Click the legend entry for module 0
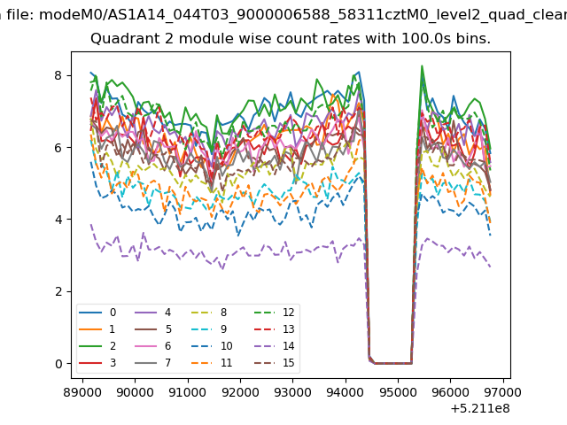[97, 313]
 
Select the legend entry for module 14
[275, 346]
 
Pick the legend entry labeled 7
[152, 362]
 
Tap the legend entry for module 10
[212, 346]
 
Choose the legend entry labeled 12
[275, 313]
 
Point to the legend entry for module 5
[152, 328]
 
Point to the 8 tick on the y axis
[58, 75]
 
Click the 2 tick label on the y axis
[58, 291]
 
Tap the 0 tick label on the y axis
[58, 364]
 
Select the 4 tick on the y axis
[58, 220]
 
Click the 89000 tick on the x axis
[82, 392]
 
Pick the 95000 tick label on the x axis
[398, 392]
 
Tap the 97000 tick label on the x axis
[502, 392]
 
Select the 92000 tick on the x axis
[240, 392]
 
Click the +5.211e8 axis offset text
[480, 408]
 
